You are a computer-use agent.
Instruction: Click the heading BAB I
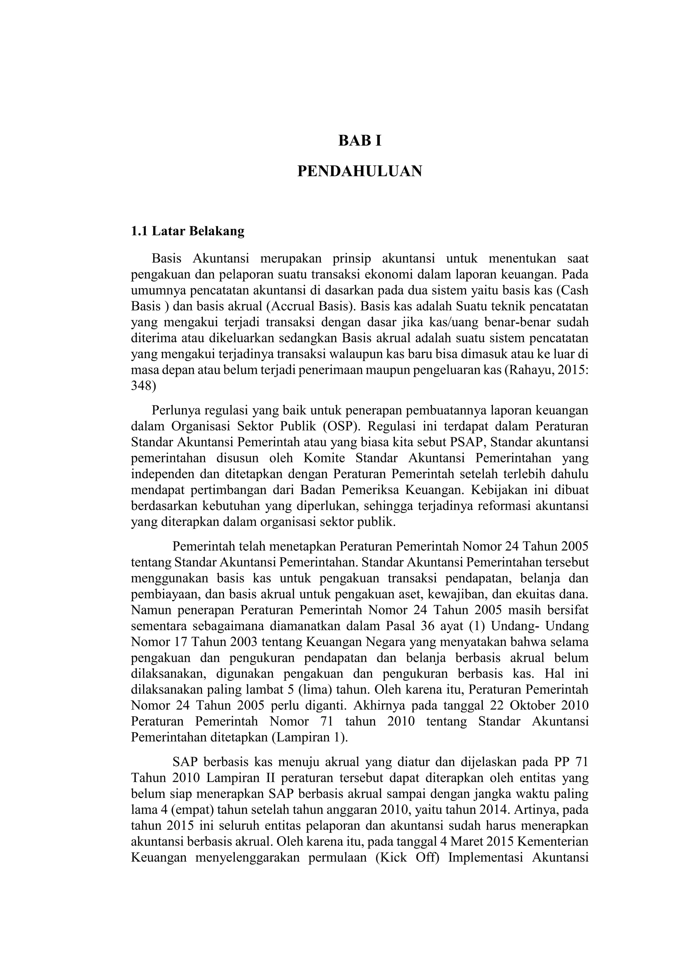[360, 141]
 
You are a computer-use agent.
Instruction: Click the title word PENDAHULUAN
[360, 171]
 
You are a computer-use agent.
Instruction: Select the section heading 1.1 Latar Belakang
[188, 231]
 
